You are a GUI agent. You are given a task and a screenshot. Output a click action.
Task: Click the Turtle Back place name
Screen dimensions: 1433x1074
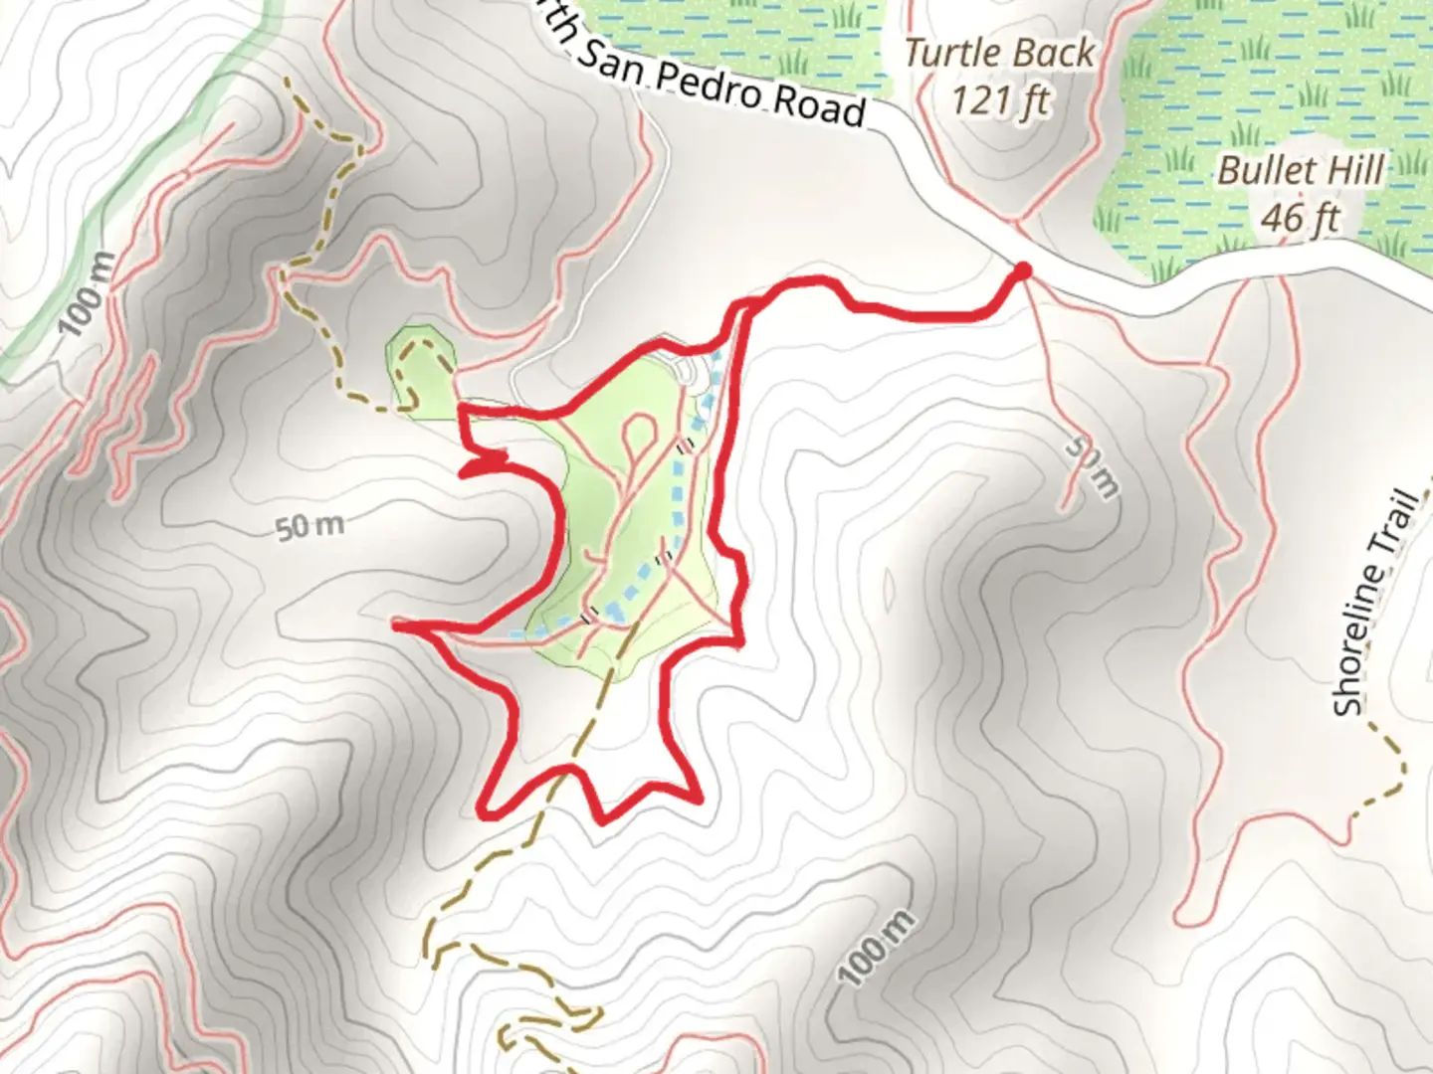(x=999, y=53)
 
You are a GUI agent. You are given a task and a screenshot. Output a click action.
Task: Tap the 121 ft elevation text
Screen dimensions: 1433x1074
(x=999, y=99)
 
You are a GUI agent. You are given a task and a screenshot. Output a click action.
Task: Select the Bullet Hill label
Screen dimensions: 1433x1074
(x=1301, y=170)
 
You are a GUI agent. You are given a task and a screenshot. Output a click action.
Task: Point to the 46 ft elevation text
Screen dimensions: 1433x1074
(x=1301, y=217)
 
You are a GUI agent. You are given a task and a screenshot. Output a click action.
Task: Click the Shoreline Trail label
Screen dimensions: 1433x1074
(x=1376, y=603)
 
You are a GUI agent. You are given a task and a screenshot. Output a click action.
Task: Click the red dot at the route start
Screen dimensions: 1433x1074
(x=1022, y=270)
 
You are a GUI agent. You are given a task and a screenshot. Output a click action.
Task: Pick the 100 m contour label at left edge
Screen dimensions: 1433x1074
(x=87, y=294)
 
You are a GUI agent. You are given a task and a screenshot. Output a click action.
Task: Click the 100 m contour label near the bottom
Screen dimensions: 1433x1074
(x=876, y=948)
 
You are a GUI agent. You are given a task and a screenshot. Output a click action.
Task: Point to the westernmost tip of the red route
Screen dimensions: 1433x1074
(x=397, y=624)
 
